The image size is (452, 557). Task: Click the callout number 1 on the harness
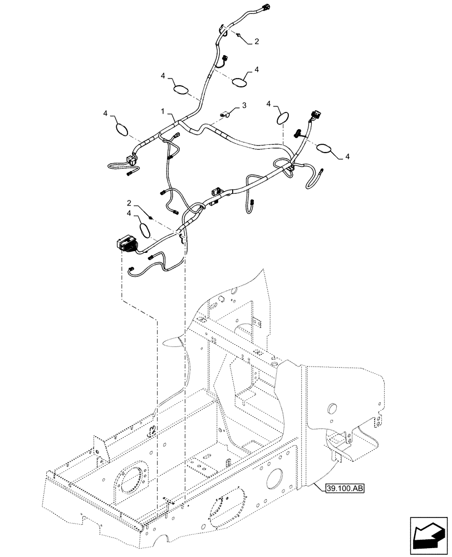click(163, 112)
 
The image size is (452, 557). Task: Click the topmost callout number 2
click(257, 41)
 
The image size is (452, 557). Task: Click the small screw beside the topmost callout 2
click(238, 36)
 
